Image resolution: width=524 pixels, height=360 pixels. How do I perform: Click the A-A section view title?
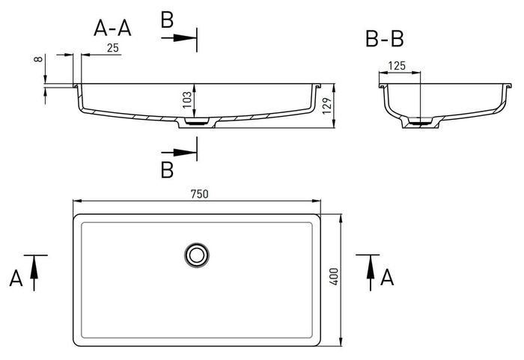[x=112, y=28]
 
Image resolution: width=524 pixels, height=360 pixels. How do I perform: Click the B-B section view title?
[x=385, y=39]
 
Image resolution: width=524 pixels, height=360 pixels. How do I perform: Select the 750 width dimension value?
[x=200, y=194]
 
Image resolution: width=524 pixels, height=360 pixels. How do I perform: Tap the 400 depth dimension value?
[x=334, y=276]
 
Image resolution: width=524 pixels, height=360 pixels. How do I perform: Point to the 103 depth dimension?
[x=187, y=100]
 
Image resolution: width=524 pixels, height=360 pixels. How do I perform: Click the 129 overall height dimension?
[x=328, y=106]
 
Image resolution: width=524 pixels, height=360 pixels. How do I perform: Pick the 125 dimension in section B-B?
[x=397, y=66]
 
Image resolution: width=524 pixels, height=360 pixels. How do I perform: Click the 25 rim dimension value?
[x=113, y=48]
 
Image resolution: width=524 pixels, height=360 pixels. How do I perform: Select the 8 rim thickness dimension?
[x=39, y=59]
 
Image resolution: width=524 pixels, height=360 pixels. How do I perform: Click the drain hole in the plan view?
[x=197, y=255]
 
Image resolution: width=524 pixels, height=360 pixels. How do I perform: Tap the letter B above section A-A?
[x=167, y=19]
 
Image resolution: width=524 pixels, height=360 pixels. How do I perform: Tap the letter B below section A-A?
[x=167, y=170]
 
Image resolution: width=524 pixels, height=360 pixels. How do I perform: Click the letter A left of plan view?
[x=16, y=278]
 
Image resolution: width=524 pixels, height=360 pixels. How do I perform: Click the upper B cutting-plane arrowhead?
[x=185, y=37]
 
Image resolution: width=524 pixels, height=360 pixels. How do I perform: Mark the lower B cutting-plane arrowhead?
[x=185, y=153]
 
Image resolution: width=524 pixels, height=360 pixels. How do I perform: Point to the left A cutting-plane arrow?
[x=34, y=272]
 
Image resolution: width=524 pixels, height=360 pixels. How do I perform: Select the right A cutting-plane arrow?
[x=371, y=272]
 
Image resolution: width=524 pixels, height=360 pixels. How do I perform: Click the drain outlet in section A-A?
[x=197, y=122]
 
